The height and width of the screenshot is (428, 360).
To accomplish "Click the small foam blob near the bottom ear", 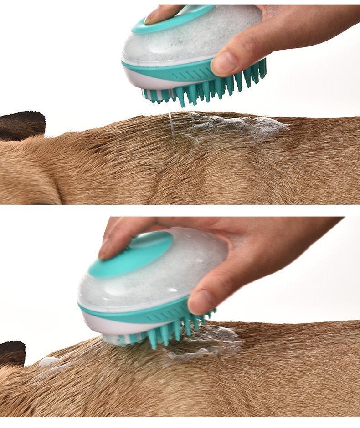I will tap(48, 362).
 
